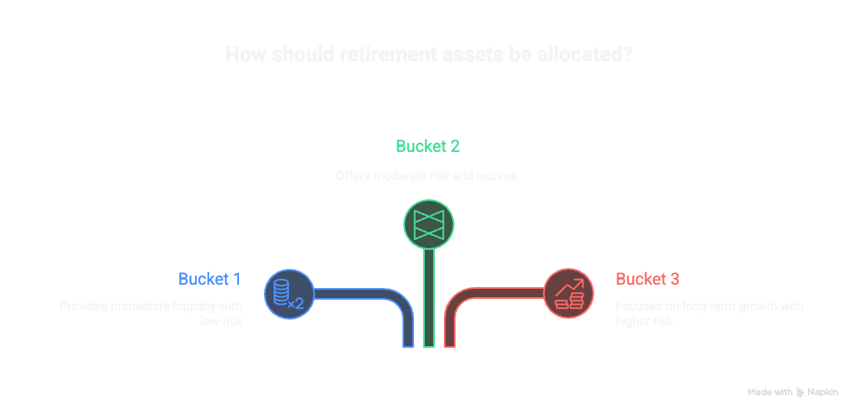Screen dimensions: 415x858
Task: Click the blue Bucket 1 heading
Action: click(209, 279)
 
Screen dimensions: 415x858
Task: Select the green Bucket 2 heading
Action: click(427, 147)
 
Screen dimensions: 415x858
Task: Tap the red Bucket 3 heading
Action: click(647, 279)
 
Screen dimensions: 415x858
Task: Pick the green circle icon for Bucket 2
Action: click(428, 224)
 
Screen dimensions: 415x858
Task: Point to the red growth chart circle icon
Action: click(568, 294)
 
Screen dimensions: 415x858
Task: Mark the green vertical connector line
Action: click(428, 299)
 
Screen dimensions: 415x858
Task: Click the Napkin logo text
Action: click(822, 392)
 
